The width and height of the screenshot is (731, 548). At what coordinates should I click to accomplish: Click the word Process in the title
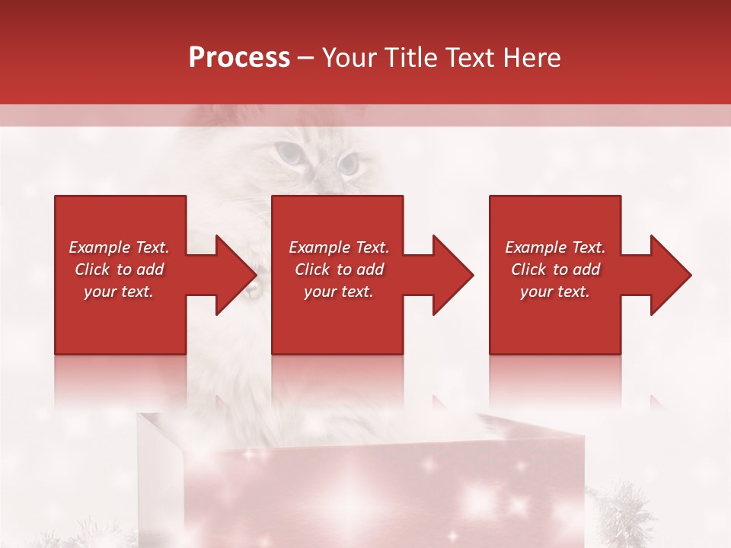pos(239,58)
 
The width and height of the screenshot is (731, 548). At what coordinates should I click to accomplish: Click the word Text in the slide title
pos(471,58)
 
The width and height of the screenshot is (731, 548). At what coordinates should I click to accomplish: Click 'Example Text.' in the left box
pos(119,247)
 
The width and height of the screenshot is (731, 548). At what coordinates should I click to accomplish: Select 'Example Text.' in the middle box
pos(339,247)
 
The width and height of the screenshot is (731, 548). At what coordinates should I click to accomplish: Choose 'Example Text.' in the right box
pos(555,247)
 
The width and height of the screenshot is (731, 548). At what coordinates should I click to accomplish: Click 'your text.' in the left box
pos(119,292)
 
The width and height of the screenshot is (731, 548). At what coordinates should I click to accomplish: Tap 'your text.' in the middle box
pos(339,292)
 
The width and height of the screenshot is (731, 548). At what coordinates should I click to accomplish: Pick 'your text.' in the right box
pos(555,292)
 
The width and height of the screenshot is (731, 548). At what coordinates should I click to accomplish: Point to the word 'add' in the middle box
pos(370,269)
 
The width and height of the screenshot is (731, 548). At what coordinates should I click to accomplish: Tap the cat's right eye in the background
pos(348,162)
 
